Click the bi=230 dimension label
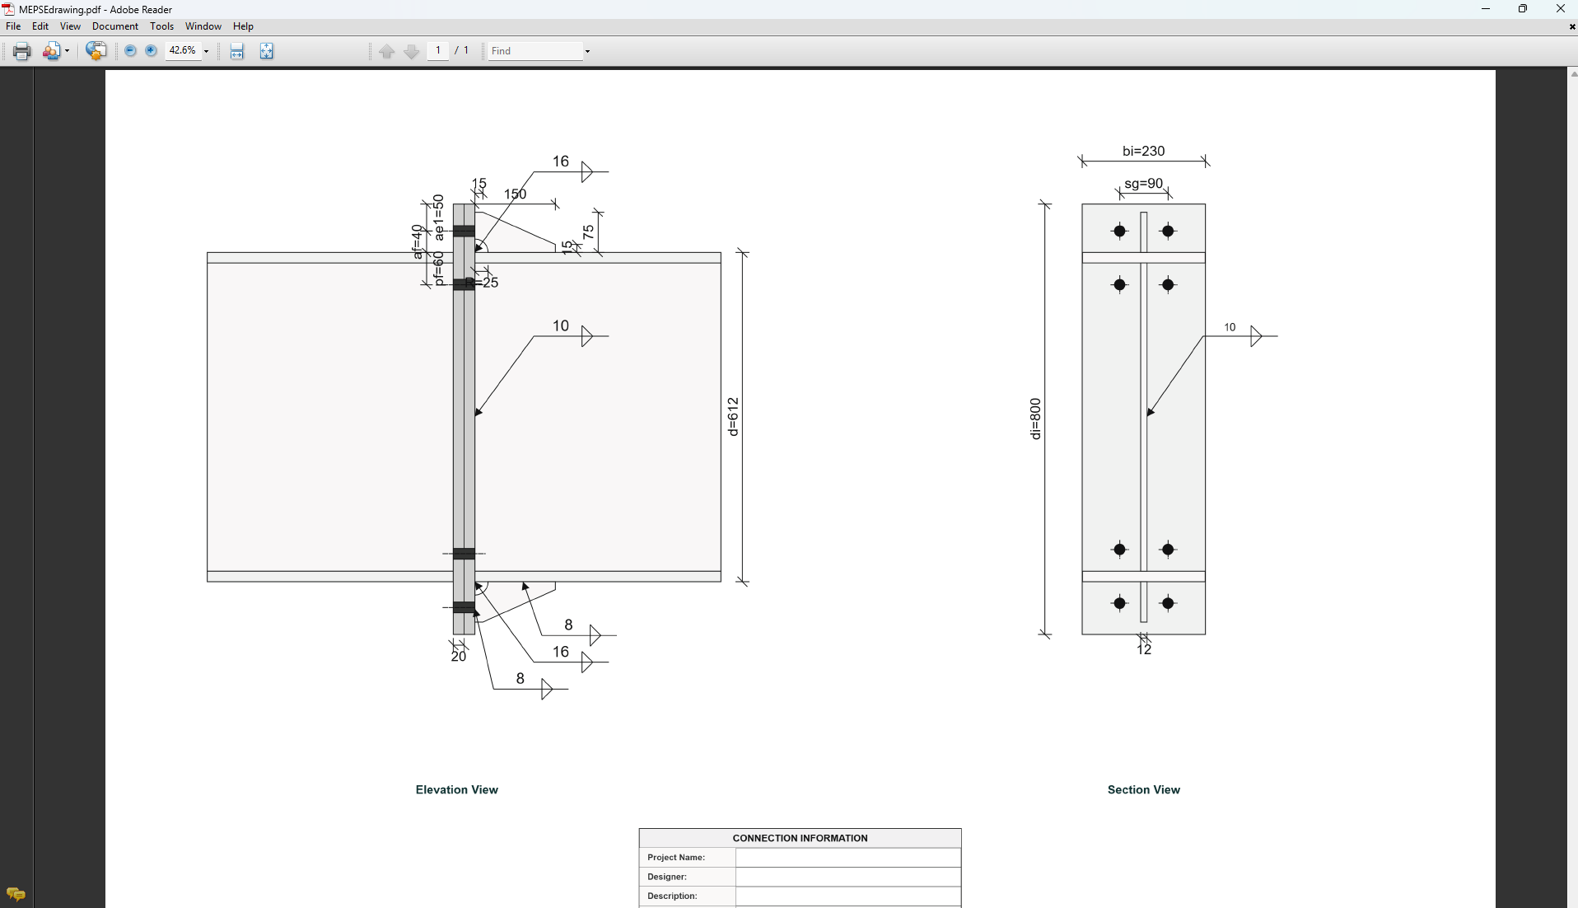point(1143,151)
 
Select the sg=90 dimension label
point(1143,184)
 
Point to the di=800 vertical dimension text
point(1035,419)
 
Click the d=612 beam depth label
point(733,416)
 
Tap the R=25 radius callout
point(483,283)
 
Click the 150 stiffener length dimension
point(515,194)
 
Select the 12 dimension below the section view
point(1143,650)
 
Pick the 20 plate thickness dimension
point(458,657)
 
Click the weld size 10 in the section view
point(1230,327)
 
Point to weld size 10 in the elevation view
point(560,325)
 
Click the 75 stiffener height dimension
point(588,232)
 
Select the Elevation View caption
point(456,789)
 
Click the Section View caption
point(1143,789)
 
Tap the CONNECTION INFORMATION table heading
point(800,838)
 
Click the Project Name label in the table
point(676,858)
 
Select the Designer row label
point(667,877)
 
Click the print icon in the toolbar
point(21,51)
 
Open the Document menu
point(114,26)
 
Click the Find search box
point(535,51)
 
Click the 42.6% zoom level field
point(182,50)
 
